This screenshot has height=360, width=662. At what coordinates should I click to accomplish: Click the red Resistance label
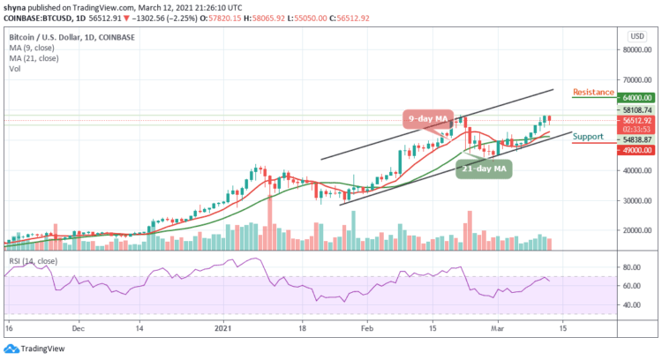(592, 91)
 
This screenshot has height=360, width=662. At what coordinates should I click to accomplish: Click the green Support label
(588, 137)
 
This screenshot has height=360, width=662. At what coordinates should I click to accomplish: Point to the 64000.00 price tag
(635, 98)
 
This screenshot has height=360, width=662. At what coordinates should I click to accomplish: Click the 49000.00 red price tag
(635, 150)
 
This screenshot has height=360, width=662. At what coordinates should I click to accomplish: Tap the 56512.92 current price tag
(635, 120)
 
